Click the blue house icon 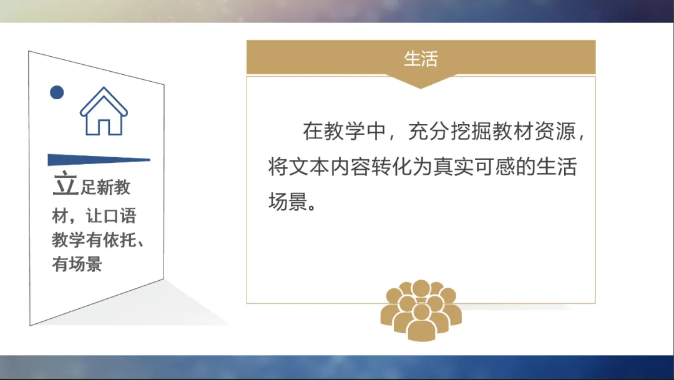click(x=104, y=112)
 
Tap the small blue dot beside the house click(x=57, y=92)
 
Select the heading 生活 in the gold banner click(x=421, y=59)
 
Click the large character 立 click(x=64, y=184)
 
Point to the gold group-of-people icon click(x=421, y=309)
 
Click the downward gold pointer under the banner click(x=421, y=80)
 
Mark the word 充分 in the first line click(x=427, y=132)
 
